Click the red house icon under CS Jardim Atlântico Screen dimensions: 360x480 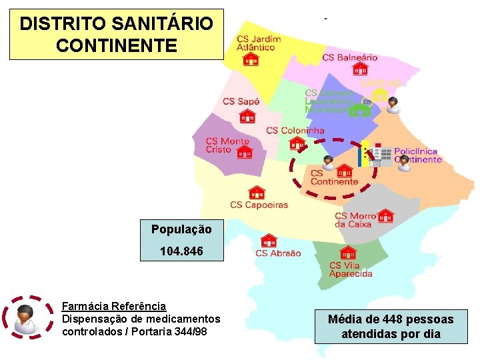click(251, 59)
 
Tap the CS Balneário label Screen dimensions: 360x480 click(349, 57)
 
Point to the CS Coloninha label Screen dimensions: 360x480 click(295, 130)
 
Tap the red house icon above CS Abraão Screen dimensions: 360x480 click(268, 240)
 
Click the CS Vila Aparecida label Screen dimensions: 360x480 click(351, 269)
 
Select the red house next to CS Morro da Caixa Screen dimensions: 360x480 click(385, 215)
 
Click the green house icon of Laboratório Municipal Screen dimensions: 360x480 click(359, 109)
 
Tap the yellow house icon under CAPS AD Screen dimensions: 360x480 click(379, 95)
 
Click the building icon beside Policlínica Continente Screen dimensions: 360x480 click(380, 155)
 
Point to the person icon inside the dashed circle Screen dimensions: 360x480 click(328, 163)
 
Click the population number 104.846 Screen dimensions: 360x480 click(181, 251)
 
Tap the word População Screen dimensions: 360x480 click(181, 229)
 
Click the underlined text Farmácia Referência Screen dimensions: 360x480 click(113, 306)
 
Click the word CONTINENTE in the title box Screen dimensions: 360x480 click(117, 45)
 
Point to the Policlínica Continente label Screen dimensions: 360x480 click(417, 155)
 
